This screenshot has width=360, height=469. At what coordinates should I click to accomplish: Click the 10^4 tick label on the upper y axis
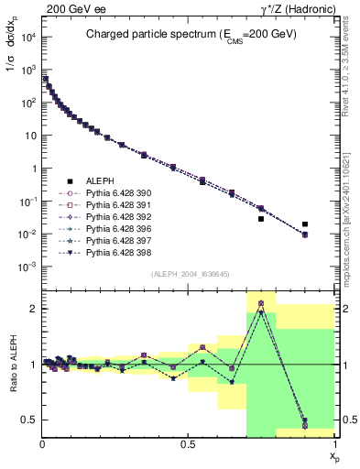[x=27, y=37]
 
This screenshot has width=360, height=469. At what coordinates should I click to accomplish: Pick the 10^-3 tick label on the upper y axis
[x=27, y=267]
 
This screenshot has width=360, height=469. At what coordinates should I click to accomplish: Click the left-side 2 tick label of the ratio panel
[x=34, y=309]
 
